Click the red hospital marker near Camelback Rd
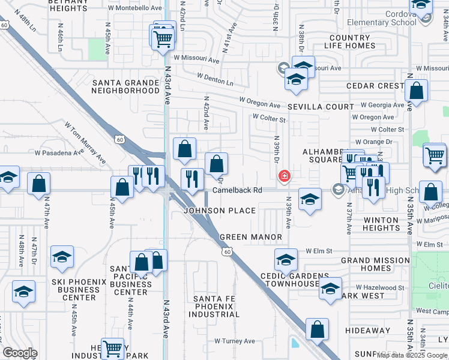(x=283, y=176)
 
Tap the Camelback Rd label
(x=238, y=190)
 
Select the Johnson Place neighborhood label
(x=220, y=211)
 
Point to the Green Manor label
(x=250, y=237)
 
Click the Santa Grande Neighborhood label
(x=125, y=86)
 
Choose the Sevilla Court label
(x=320, y=107)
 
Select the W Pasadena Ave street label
(x=61, y=153)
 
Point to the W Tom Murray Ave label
(x=88, y=142)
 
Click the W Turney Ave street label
(x=235, y=341)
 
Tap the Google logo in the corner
(x=19, y=353)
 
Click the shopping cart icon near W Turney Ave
(x=112, y=347)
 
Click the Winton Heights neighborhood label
(x=381, y=224)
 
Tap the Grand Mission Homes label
(x=375, y=265)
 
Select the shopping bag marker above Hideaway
(x=317, y=329)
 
